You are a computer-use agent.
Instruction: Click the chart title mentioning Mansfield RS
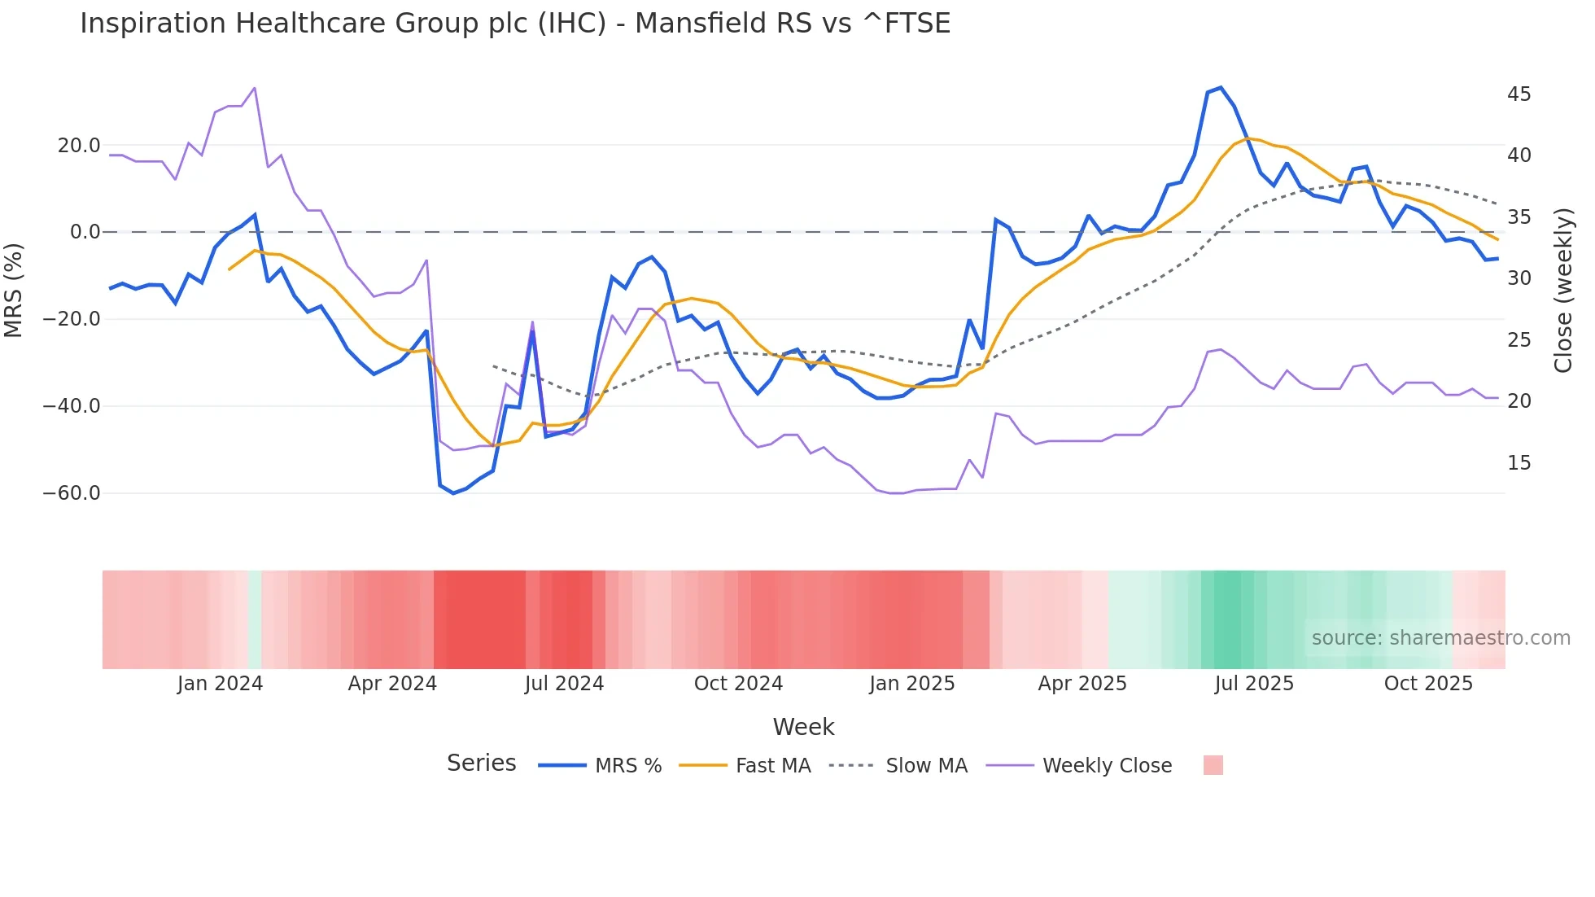(514, 24)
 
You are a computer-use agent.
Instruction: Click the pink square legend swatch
(1213, 765)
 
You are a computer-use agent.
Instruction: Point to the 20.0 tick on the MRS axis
(79, 146)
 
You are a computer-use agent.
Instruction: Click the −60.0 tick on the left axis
(72, 493)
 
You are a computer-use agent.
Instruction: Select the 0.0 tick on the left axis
(85, 232)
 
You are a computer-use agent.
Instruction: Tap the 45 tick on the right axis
(1519, 94)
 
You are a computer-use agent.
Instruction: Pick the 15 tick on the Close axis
(1519, 463)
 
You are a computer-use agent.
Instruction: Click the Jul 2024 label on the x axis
(564, 684)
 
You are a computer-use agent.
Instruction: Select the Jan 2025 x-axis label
(911, 684)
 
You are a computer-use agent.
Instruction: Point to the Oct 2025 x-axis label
(1428, 684)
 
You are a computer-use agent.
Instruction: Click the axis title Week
(803, 727)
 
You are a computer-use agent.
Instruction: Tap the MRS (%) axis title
(14, 291)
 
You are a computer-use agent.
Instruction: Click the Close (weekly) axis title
(1562, 291)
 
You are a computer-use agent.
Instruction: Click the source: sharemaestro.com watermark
(1440, 638)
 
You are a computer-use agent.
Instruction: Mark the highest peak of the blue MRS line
(1221, 88)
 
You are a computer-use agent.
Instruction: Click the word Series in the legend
(481, 764)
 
